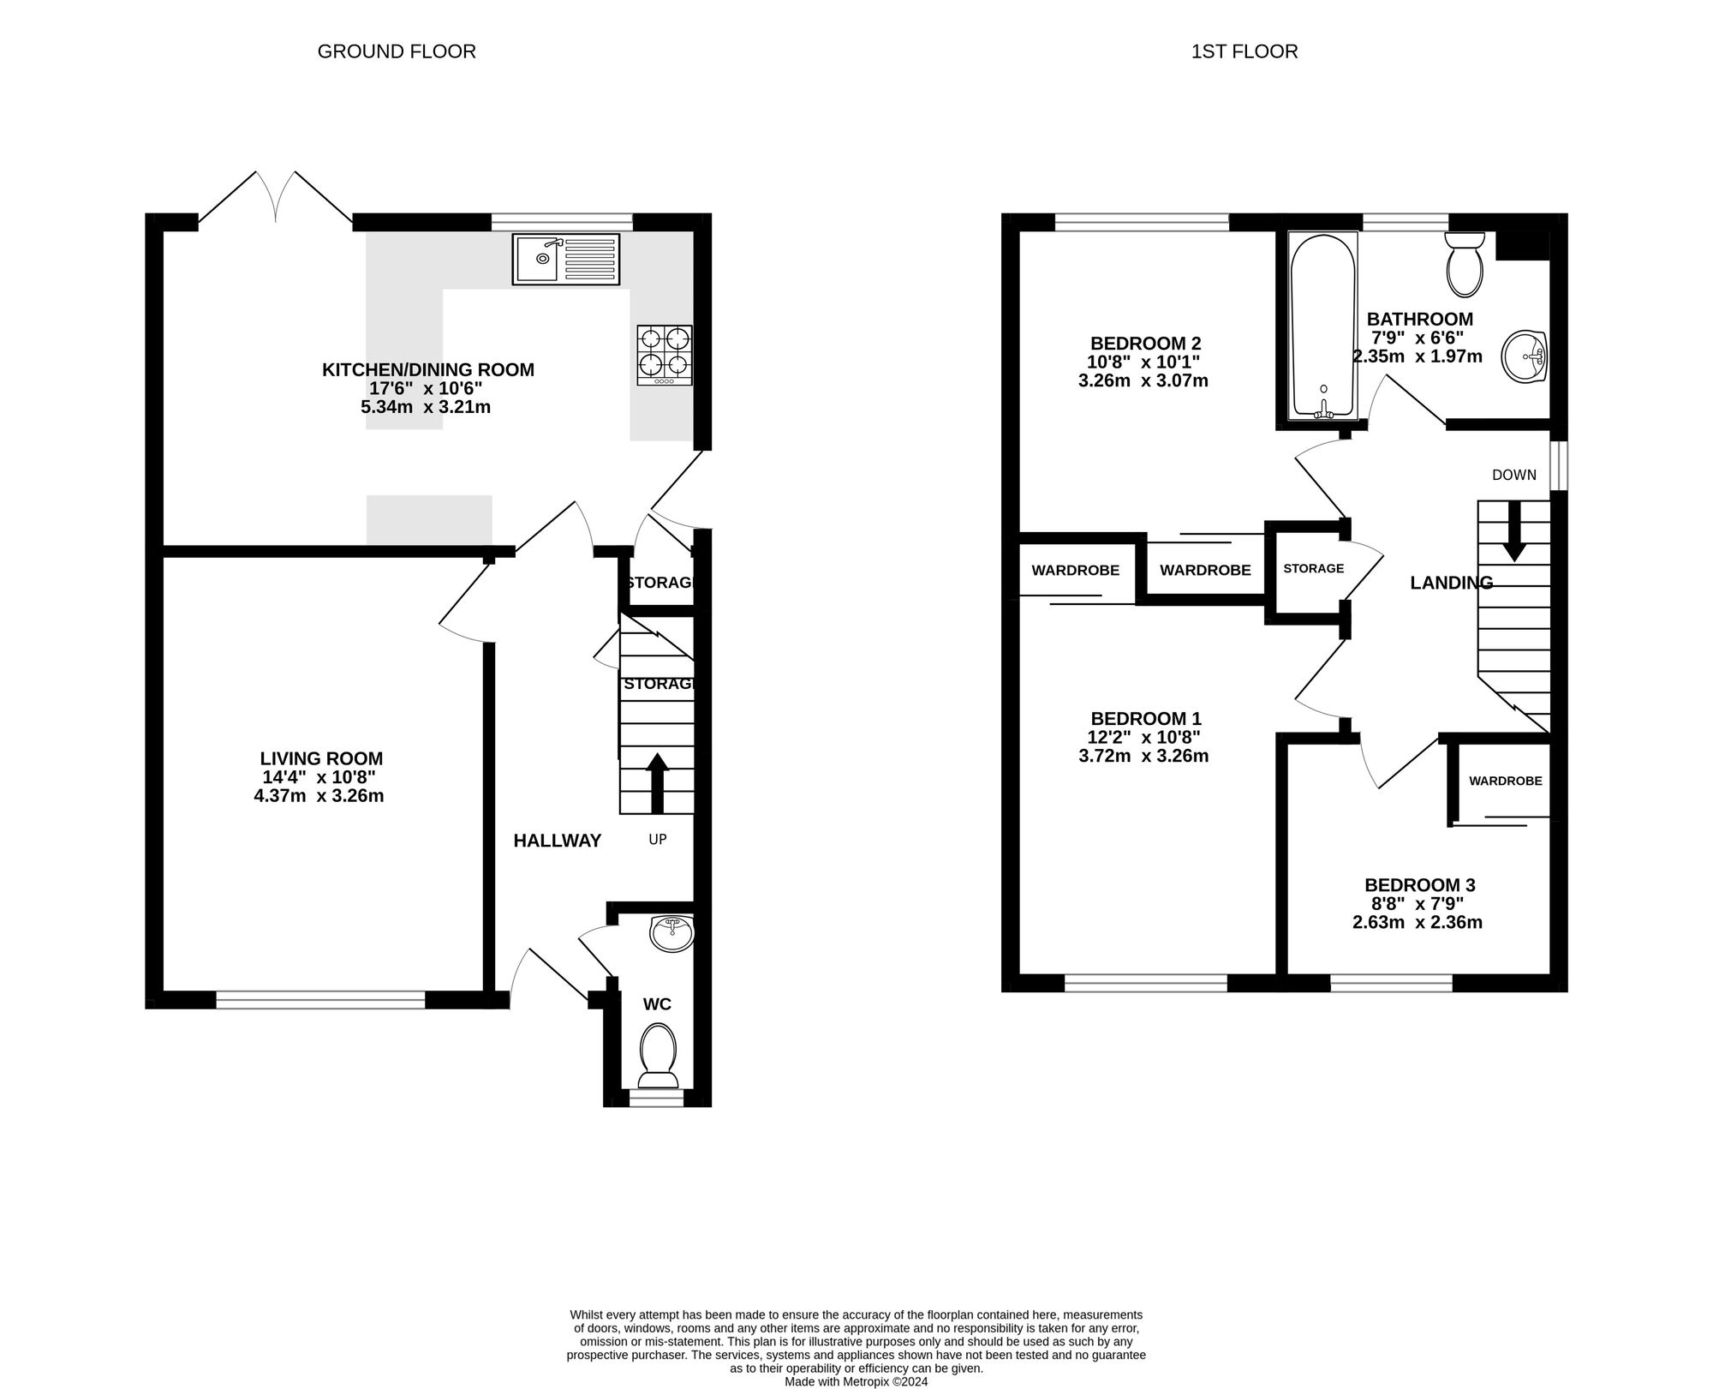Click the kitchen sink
(x=567, y=259)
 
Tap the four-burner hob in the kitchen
(x=665, y=355)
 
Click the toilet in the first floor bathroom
(x=1465, y=264)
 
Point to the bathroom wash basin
(x=1524, y=356)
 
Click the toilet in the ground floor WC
(x=658, y=1055)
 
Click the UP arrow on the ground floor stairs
(x=657, y=783)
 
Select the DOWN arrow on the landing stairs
(x=1514, y=531)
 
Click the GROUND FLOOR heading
(x=397, y=51)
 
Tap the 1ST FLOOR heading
(x=1244, y=51)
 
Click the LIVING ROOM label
(x=321, y=758)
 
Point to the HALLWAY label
(x=558, y=841)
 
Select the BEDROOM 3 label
(x=1420, y=885)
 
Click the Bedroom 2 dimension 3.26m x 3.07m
(x=1143, y=380)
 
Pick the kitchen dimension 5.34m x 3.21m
(x=426, y=407)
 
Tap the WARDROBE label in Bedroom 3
(x=1506, y=781)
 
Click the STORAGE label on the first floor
(x=1314, y=568)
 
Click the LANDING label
(x=1452, y=583)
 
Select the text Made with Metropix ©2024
(x=856, y=1382)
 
